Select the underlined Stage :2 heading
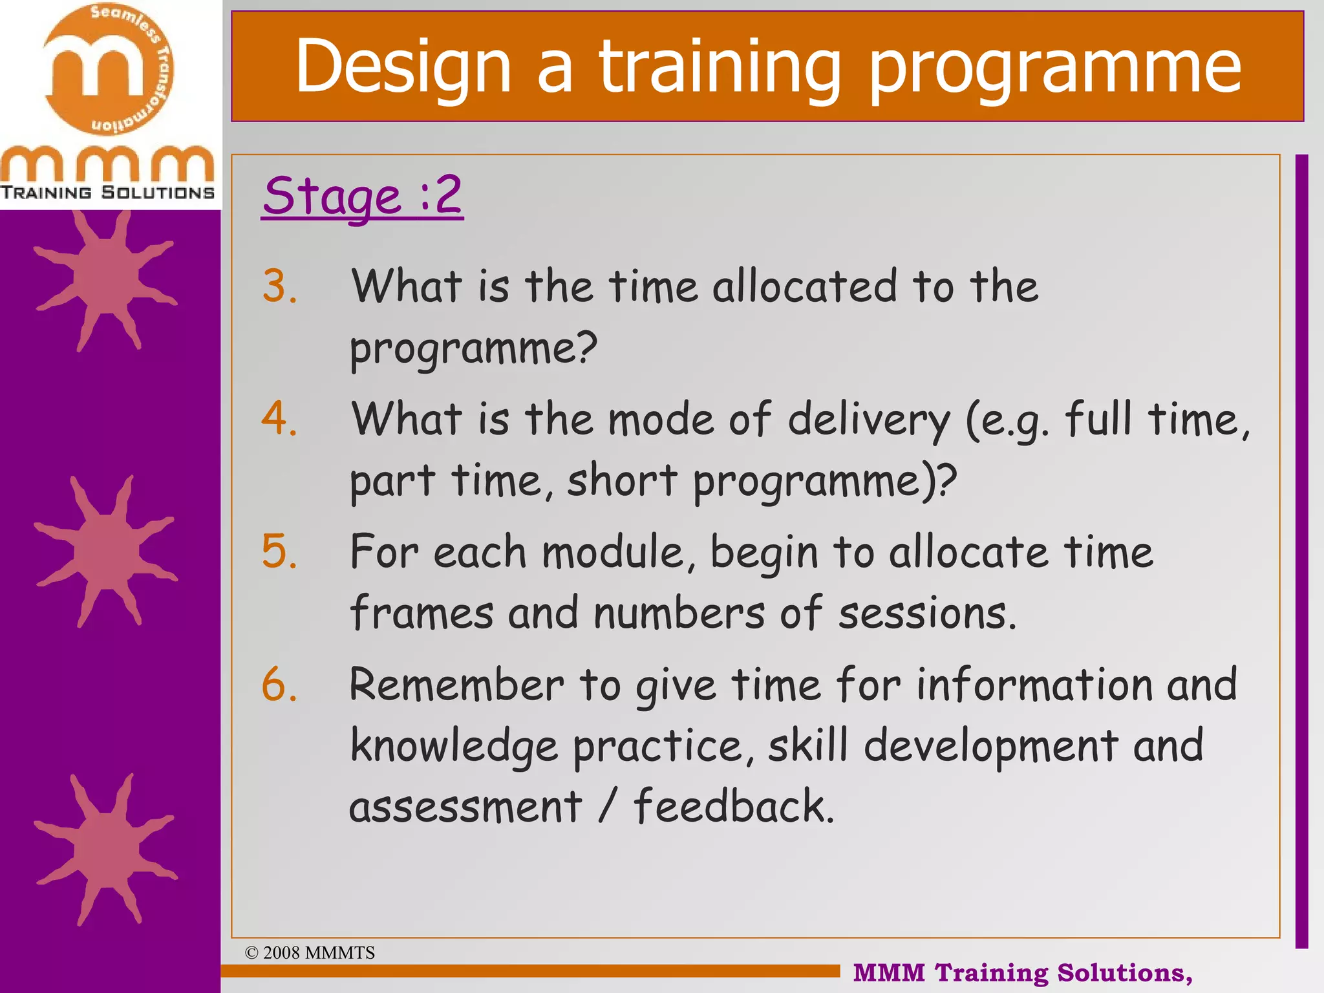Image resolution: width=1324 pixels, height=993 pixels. pyautogui.click(x=362, y=195)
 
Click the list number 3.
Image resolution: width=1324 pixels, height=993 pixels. pyautogui.click(x=279, y=286)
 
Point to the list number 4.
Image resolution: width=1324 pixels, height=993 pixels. pyautogui.click(x=279, y=419)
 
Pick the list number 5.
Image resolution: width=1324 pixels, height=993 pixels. pyautogui.click(x=279, y=551)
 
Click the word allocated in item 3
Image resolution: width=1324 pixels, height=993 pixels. pyautogui.click(x=804, y=286)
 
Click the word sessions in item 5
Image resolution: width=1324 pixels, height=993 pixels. pyautogui.click(x=926, y=613)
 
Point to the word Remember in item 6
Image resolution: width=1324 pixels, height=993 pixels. pyautogui.click(x=456, y=685)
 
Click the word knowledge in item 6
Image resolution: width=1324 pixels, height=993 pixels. pyautogui.click(x=454, y=747)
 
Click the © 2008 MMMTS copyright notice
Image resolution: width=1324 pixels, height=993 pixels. pyautogui.click(x=310, y=952)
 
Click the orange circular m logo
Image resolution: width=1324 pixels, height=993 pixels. pyautogui.click(x=109, y=70)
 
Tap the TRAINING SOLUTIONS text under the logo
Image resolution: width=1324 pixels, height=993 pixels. pyautogui.click(x=107, y=193)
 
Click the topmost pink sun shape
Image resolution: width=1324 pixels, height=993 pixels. pyautogui.click(x=105, y=278)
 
